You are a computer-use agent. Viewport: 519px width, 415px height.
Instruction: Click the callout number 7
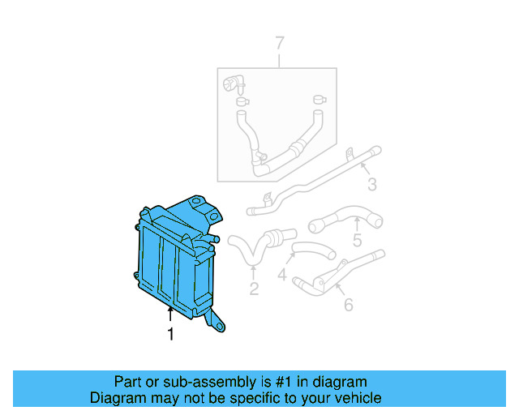[x=280, y=43]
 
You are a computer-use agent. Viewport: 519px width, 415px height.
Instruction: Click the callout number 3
[x=371, y=185]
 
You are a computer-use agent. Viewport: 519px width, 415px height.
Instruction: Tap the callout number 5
[x=357, y=240]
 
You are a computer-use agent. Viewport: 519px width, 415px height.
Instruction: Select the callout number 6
[x=349, y=305]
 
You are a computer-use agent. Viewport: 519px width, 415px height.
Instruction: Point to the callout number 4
[x=282, y=276]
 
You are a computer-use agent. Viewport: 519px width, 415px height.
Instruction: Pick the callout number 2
[x=253, y=289]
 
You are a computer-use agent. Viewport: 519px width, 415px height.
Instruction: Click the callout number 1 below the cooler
[x=170, y=334]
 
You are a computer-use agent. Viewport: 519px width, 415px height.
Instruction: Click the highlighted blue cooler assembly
[x=174, y=259]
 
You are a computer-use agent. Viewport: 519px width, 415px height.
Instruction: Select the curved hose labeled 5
[x=345, y=216]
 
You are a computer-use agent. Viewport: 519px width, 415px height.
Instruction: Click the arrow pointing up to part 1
[x=170, y=315]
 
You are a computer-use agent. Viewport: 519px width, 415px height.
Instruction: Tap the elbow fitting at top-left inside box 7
[x=234, y=83]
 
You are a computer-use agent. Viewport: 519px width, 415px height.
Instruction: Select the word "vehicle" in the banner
[x=358, y=398]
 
